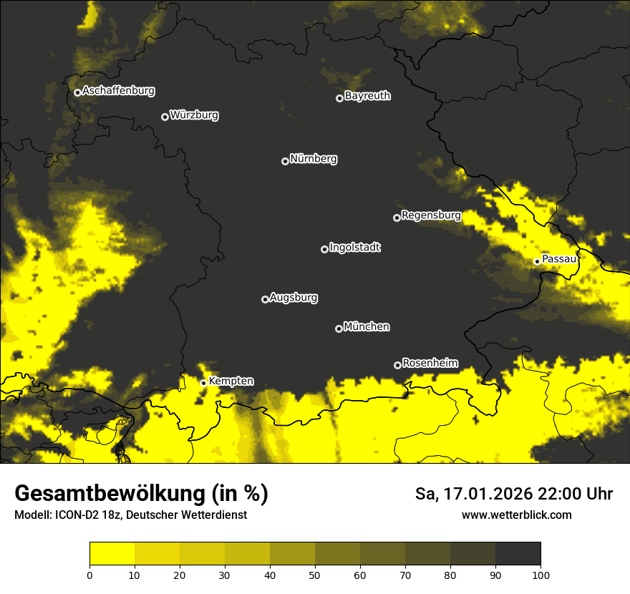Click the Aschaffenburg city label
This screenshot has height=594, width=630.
[x=118, y=91]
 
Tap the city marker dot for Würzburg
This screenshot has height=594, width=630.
[x=165, y=117]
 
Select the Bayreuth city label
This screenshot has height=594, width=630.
[x=367, y=96]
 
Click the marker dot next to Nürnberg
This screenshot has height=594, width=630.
[x=285, y=161]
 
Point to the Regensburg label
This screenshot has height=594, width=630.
[x=431, y=215]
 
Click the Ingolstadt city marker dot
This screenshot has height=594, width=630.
[x=324, y=249]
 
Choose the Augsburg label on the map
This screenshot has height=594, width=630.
[x=294, y=298]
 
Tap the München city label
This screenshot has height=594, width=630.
[x=367, y=327]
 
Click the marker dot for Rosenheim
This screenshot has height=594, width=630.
[x=397, y=365]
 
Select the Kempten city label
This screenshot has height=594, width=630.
[x=231, y=381]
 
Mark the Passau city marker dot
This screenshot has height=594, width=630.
[x=537, y=261]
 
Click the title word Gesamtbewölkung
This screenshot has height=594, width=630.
[x=109, y=494]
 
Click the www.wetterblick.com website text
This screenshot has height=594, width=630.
[x=516, y=515]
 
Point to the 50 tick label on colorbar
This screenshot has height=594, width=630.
[x=315, y=575]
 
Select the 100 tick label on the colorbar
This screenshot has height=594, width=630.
[x=541, y=575]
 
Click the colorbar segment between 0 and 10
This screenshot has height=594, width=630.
[x=112, y=553]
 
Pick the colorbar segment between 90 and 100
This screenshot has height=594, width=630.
[x=518, y=553]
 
